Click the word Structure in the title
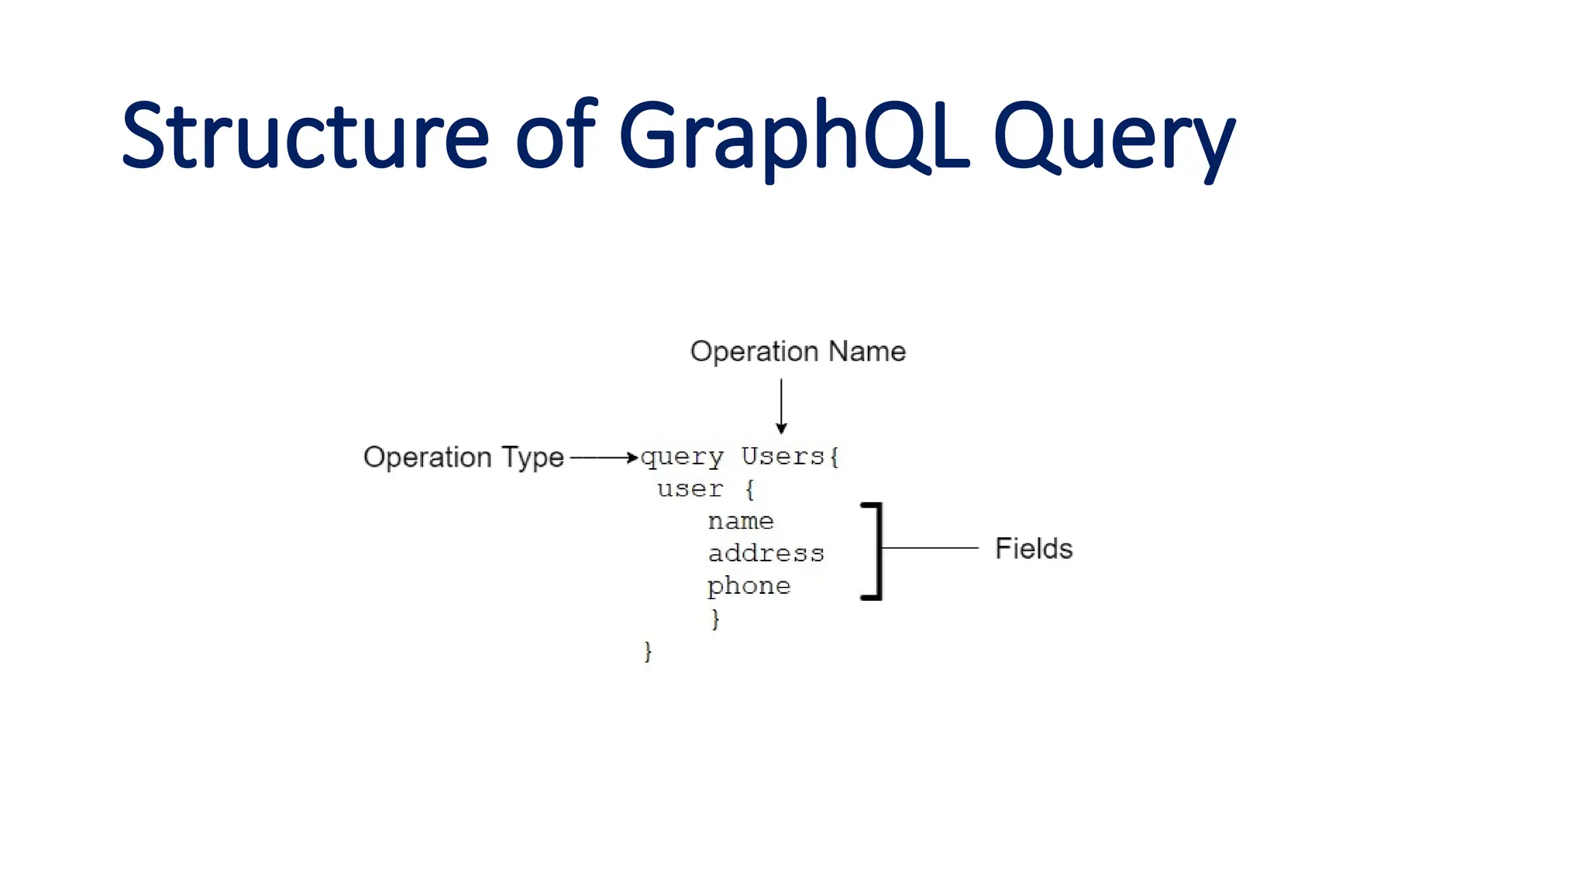(305, 136)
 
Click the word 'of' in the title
(555, 136)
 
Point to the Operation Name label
(797, 351)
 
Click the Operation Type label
(463, 457)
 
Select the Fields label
(1033, 548)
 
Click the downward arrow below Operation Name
(781, 406)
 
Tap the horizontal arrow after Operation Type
(604, 457)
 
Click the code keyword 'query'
(682, 457)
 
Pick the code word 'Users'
(783, 456)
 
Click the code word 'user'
(690, 489)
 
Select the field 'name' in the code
(741, 522)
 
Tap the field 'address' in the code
(766, 553)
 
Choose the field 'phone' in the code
(749, 586)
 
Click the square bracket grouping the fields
(878, 550)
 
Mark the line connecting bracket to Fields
(930, 548)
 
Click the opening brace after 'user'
(749, 489)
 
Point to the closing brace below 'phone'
(715, 619)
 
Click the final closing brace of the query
(648, 651)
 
